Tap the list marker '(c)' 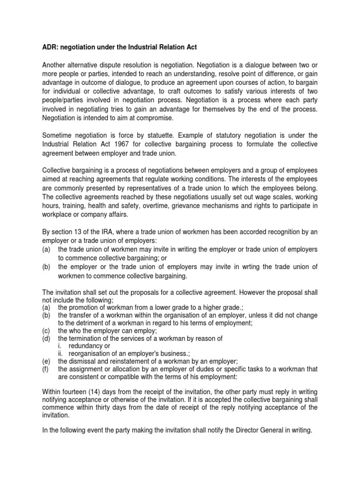46,330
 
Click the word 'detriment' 82,323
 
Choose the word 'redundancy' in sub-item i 88,345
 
